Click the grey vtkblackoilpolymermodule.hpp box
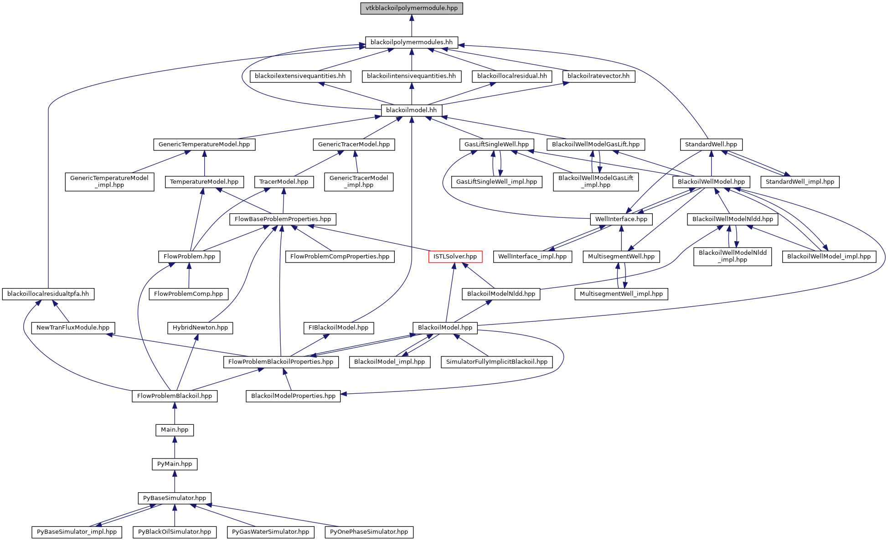point(411,8)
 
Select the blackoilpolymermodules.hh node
point(411,42)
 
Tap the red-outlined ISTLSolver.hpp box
point(455,257)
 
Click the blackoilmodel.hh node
point(411,110)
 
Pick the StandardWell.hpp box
point(711,144)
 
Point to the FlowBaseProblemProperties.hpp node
point(283,219)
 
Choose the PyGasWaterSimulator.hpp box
point(270,532)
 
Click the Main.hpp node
point(175,430)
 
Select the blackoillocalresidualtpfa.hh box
point(48,294)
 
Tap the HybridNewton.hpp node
point(200,328)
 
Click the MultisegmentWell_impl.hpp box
point(621,294)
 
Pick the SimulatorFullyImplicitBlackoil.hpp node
point(496,362)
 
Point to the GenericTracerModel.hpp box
point(354,144)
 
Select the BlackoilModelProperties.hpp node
point(293,396)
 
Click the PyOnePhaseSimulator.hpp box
point(369,532)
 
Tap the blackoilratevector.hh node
point(598,76)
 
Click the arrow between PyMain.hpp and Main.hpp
point(175,447)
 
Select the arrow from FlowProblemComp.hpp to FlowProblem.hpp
point(189,275)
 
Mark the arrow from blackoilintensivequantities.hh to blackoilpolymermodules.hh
point(411,59)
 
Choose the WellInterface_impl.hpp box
point(532,257)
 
